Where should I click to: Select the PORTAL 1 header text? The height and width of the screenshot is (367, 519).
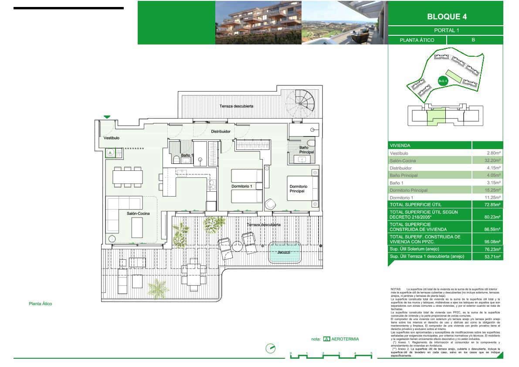(446, 31)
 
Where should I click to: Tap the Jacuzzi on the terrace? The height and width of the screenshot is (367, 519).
(285, 253)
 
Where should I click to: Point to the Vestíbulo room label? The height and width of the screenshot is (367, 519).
(112, 138)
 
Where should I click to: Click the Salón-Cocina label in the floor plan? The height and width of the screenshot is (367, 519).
(138, 214)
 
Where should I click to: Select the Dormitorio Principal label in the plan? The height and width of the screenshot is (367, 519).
(299, 189)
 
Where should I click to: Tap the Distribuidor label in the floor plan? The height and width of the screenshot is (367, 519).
(220, 131)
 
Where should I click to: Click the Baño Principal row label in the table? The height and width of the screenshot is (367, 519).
(404, 175)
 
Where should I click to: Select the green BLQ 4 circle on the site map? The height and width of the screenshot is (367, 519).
(442, 80)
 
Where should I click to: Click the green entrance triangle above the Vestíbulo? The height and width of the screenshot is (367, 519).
(107, 117)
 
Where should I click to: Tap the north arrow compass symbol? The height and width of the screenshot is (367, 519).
(271, 349)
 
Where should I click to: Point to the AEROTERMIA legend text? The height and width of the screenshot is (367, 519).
(345, 339)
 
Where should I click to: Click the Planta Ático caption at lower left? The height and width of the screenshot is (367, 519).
(40, 304)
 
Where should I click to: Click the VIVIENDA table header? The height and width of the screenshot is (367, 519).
(400, 146)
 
